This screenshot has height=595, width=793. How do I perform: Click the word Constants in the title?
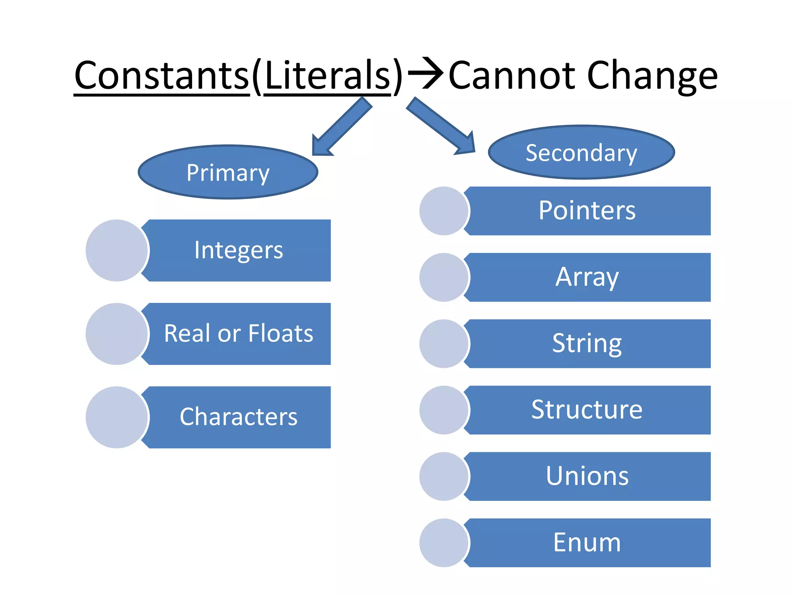161,76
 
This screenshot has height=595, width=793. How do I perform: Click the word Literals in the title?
328,76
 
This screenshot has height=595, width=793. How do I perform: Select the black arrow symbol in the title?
425,73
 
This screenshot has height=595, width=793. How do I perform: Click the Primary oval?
228,172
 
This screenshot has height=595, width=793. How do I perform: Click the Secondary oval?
581,152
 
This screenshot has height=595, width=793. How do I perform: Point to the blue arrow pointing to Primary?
341,127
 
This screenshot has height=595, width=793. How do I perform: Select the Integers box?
239,250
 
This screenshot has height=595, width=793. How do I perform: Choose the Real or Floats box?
239,334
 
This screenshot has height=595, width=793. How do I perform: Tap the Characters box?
239,417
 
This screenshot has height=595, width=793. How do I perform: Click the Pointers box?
587,211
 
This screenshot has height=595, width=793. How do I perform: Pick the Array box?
587,277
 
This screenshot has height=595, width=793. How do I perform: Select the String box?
587,344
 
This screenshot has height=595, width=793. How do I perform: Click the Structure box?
587,410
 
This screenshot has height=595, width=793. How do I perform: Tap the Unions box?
587,476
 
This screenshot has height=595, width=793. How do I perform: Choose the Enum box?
587,543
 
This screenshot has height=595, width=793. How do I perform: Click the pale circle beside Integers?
117,250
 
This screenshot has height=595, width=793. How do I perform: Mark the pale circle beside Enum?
444,543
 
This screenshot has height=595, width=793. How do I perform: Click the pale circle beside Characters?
117,417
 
